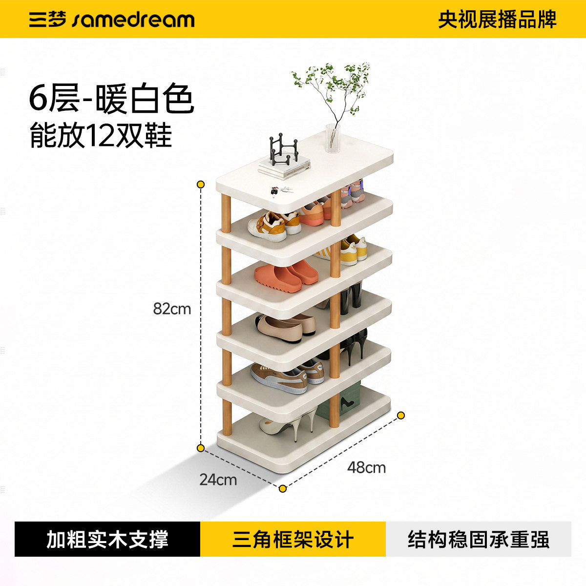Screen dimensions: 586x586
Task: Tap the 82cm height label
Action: click(x=172, y=309)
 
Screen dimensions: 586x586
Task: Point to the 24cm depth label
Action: click(x=218, y=480)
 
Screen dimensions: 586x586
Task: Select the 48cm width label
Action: click(x=366, y=467)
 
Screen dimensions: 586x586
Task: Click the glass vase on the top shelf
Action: click(x=333, y=138)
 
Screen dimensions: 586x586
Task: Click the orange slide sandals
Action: click(x=286, y=276)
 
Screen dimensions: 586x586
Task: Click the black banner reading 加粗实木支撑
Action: click(x=107, y=539)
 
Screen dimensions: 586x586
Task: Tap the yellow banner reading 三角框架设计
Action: click(x=293, y=539)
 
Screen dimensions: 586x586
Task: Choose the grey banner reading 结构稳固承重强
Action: click(x=479, y=539)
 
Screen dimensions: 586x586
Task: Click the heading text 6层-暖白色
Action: click(x=111, y=98)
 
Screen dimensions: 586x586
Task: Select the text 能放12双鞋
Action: click(x=101, y=136)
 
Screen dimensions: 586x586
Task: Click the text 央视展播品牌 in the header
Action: click(x=497, y=20)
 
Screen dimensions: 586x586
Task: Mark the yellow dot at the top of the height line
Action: click(x=201, y=184)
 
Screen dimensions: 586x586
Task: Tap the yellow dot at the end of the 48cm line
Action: click(x=401, y=416)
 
